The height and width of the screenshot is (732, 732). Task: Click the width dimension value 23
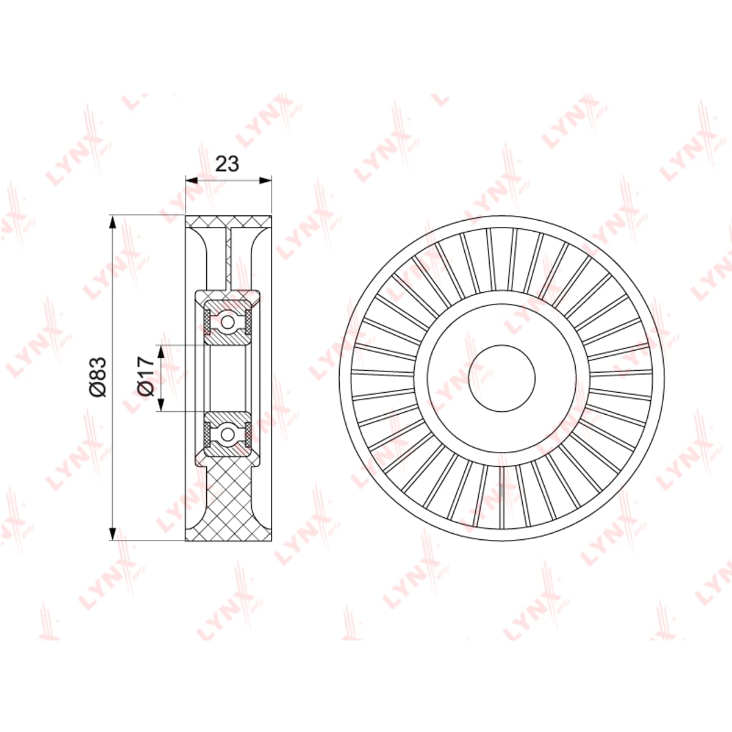pos(227,163)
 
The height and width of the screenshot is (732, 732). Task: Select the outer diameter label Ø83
pos(98,377)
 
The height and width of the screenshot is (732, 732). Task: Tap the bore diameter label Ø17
pos(147,377)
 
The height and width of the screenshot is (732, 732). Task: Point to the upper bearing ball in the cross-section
pos(228,322)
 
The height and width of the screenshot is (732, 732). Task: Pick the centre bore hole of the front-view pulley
pos(502,378)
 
